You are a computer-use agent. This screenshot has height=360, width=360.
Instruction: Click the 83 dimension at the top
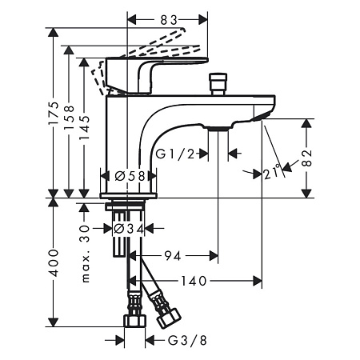169,21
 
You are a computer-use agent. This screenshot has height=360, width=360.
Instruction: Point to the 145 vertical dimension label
85,127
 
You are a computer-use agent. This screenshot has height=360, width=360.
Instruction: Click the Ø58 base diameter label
130,176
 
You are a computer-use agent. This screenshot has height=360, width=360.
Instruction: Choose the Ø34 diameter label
129,229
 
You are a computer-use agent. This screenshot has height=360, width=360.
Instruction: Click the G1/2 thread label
175,154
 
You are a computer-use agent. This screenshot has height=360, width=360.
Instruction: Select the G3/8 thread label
187,341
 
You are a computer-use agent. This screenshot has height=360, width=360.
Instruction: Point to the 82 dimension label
307,158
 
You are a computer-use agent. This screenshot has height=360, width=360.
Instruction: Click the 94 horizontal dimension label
173,256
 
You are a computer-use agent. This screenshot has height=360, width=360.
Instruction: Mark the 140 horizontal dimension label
194,281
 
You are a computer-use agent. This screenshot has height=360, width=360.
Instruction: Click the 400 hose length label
54,263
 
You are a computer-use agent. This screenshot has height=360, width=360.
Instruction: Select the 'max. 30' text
85,254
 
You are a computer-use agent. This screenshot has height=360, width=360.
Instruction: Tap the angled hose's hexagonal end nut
169,318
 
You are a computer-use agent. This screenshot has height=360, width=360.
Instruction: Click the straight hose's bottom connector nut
134,320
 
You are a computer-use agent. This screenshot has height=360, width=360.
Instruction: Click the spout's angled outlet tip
263,117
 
